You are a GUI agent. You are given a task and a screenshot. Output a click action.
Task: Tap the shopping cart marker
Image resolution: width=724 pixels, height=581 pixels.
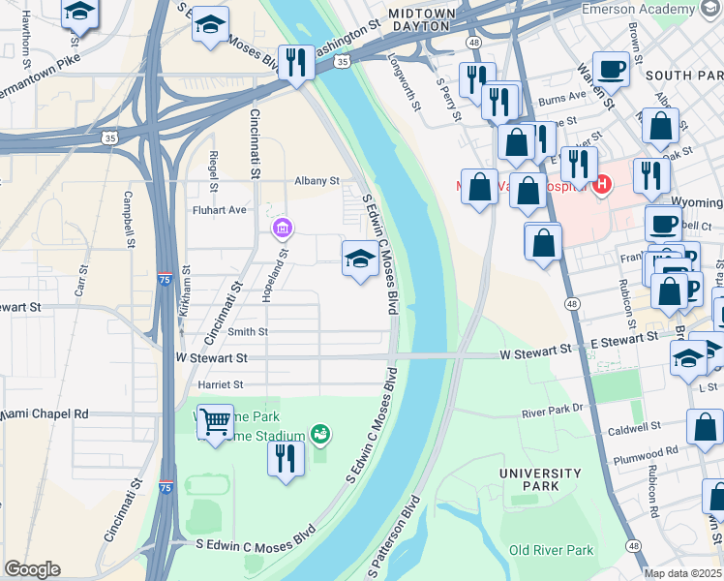click(x=215, y=421)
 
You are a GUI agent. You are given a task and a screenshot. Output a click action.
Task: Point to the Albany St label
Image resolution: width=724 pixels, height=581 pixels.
click(x=317, y=181)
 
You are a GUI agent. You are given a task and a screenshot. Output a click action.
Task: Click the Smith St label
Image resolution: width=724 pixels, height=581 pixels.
click(x=248, y=331)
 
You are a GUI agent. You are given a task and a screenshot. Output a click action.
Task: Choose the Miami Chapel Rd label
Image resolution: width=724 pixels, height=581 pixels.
click(x=44, y=413)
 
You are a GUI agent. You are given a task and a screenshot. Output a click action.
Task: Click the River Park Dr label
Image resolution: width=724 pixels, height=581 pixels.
click(x=553, y=411)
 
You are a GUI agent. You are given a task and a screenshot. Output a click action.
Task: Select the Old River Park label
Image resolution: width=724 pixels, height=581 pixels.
click(x=552, y=550)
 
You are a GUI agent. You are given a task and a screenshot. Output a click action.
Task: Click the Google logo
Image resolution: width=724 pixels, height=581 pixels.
click(x=32, y=569)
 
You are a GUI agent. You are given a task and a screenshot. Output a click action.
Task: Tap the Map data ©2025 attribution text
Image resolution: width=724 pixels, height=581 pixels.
click(x=683, y=573)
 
